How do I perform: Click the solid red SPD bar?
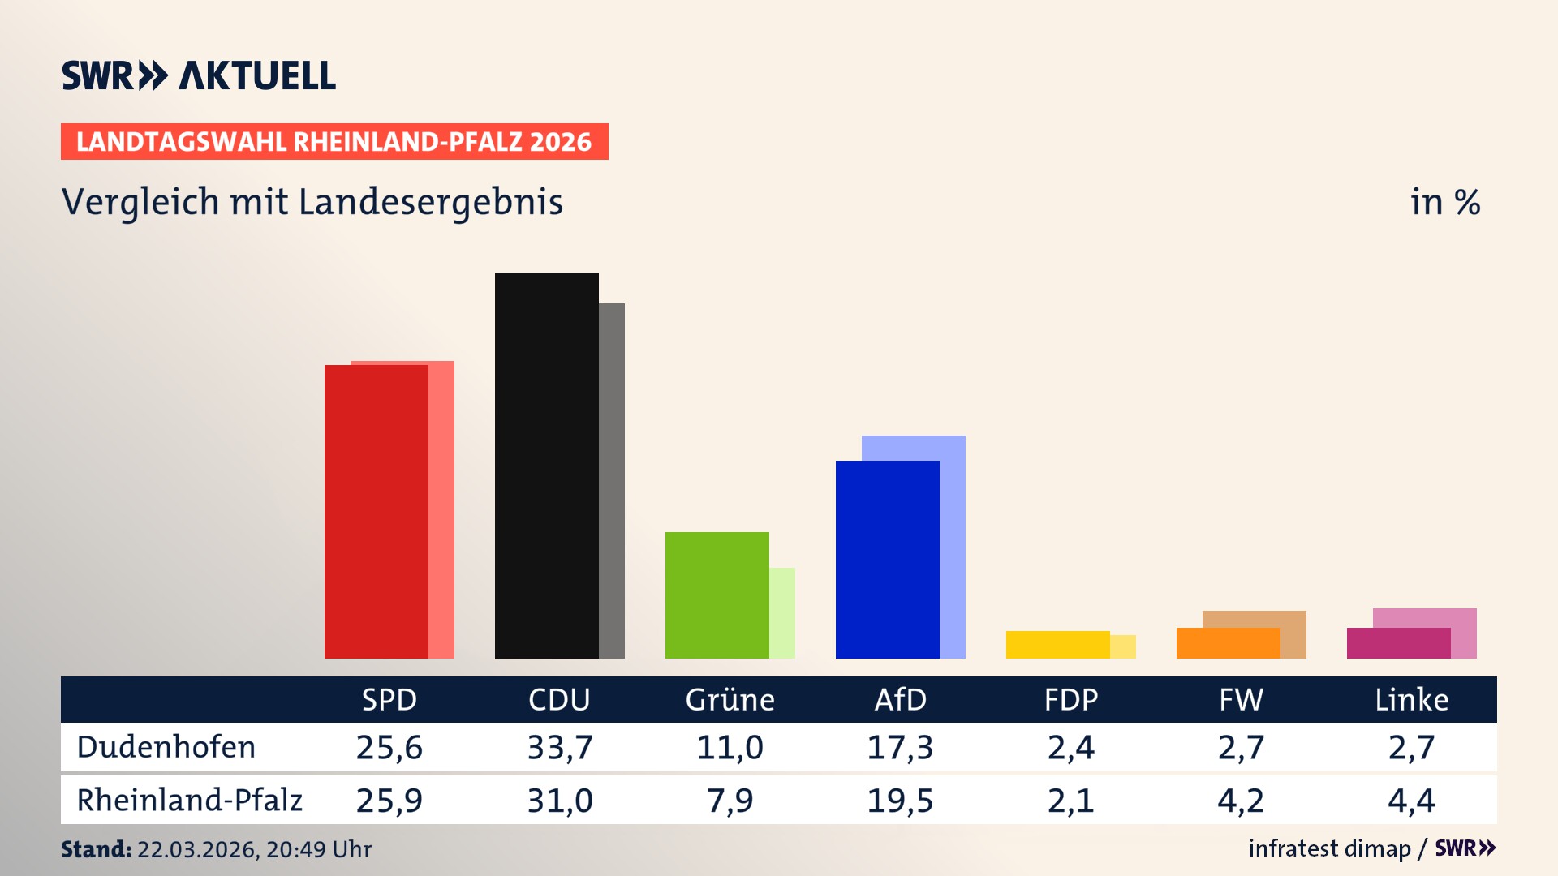[x=376, y=511]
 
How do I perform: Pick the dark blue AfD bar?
[x=887, y=559]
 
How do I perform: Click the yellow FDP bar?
[x=1057, y=644]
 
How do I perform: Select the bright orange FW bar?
[x=1228, y=642]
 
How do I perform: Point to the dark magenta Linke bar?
[x=1398, y=642]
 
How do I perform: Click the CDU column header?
[x=559, y=699]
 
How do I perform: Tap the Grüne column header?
[x=730, y=699]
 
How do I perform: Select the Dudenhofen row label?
[x=166, y=747]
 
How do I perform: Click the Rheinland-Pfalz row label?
[x=189, y=800]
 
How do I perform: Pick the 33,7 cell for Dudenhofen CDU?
[x=560, y=747]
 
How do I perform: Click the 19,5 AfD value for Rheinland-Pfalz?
[x=900, y=801]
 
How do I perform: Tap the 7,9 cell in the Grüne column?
[x=730, y=801]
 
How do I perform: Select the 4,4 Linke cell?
[x=1411, y=801]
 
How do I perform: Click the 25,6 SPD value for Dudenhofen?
[x=389, y=747]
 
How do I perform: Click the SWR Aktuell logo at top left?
[x=199, y=75]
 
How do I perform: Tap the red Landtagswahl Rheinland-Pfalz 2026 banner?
[x=334, y=141]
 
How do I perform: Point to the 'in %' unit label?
[x=1445, y=202]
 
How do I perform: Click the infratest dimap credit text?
[x=1329, y=848]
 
